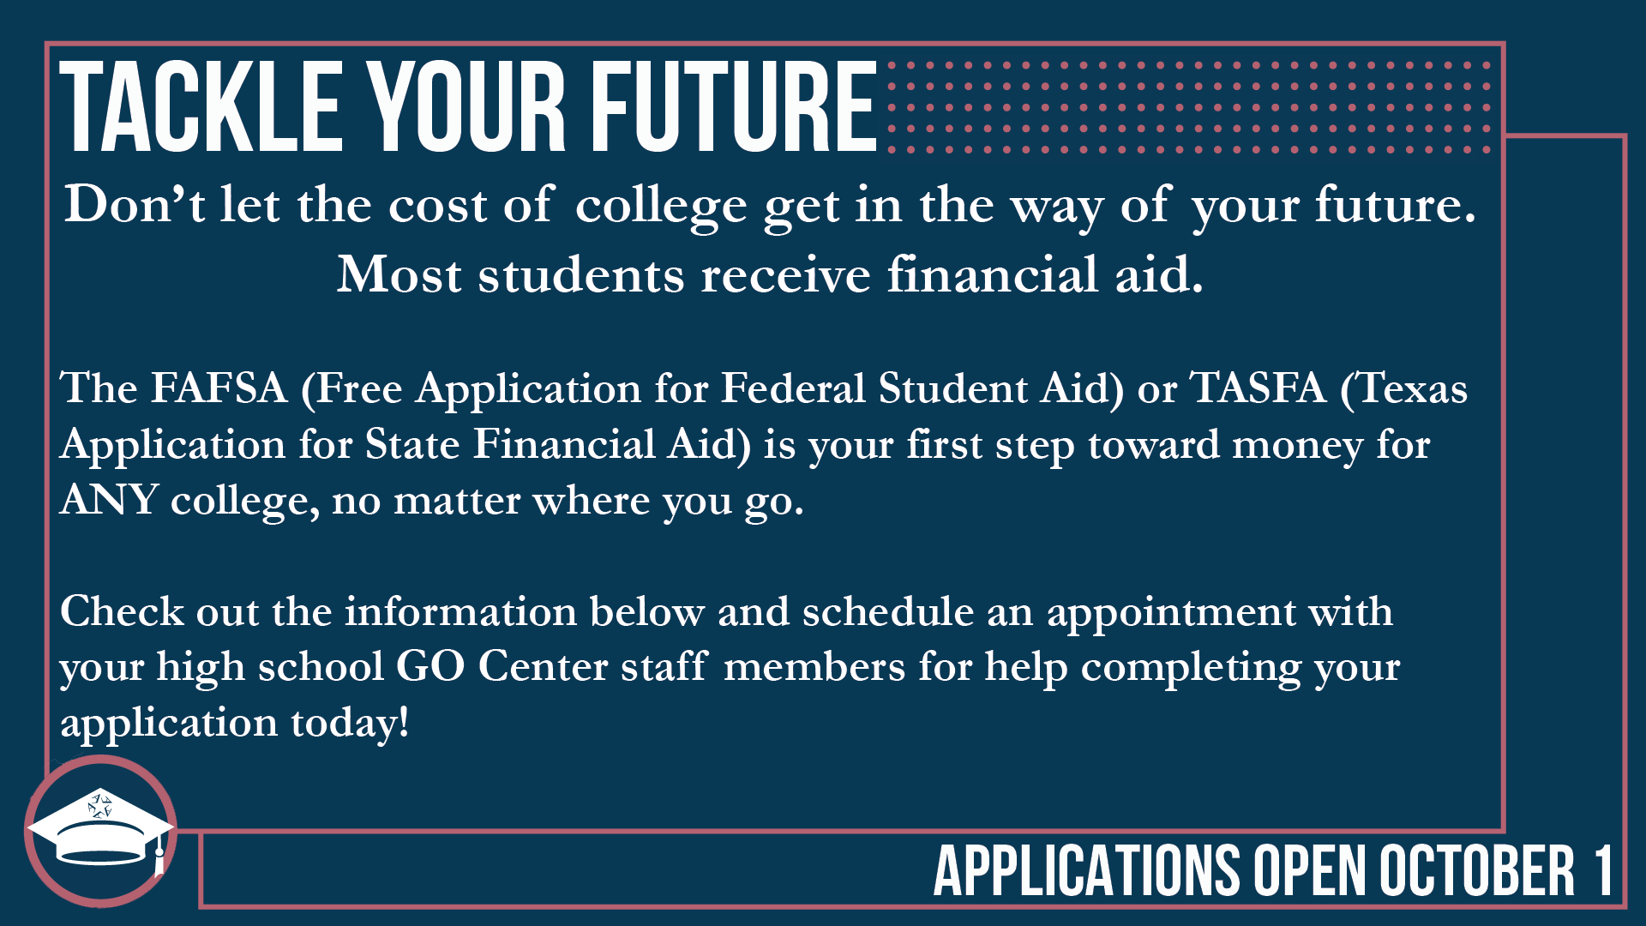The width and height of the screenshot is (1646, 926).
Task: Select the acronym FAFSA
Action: click(x=219, y=388)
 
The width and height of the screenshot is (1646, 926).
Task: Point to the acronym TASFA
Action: click(x=1259, y=388)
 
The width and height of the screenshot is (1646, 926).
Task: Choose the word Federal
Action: click(x=793, y=388)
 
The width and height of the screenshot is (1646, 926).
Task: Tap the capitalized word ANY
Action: click(x=109, y=499)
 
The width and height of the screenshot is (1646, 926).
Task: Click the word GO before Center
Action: click(x=430, y=666)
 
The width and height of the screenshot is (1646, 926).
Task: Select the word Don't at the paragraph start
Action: click(x=135, y=205)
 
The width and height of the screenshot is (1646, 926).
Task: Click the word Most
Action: click(x=399, y=275)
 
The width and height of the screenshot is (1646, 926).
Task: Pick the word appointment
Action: click(x=1171, y=612)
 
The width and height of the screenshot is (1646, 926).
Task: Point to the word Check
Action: click(x=122, y=611)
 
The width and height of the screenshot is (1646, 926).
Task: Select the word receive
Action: click(x=785, y=275)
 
